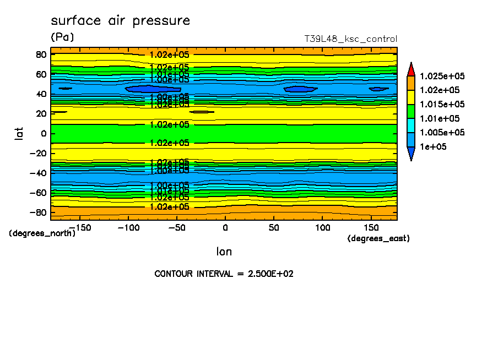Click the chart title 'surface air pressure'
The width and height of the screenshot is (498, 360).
[120, 21]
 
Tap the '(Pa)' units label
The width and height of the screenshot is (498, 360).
[62, 37]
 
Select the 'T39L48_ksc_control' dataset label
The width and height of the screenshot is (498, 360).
[350, 39]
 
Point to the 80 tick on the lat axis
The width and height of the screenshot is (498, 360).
[40, 54]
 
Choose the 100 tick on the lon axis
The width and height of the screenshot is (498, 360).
[323, 227]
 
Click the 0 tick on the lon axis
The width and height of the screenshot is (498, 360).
[225, 227]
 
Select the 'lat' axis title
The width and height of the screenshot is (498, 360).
[19, 133]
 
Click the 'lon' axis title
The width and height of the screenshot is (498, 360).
[224, 252]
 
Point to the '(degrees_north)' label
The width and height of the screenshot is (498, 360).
[42, 233]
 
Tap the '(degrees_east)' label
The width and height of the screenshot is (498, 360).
[378, 238]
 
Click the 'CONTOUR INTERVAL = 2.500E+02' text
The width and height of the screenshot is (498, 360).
[224, 274]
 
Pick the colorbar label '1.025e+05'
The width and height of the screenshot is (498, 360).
[442, 76]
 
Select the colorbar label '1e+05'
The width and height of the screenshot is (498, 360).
[433, 147]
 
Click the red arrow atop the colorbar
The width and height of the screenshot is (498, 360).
[410, 69]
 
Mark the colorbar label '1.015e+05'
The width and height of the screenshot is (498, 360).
[442, 105]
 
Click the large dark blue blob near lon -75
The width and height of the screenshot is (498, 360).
[153, 89]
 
